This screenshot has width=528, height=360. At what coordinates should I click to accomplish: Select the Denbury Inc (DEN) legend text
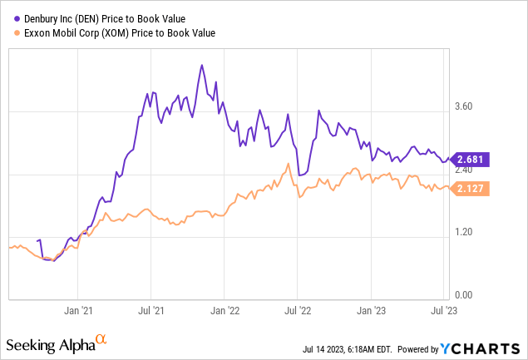pyautogui.click(x=115, y=18)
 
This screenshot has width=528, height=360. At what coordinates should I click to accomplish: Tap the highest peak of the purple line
pyautogui.click(x=202, y=65)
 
